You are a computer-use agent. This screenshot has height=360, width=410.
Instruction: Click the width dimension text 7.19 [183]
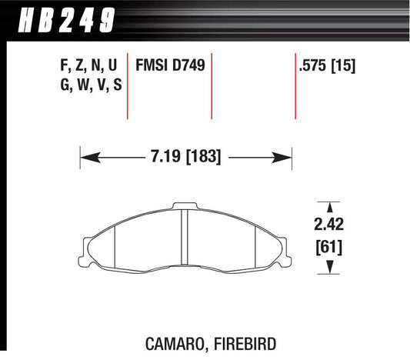click(185, 158)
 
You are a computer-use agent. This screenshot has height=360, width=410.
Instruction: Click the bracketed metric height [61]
click(329, 248)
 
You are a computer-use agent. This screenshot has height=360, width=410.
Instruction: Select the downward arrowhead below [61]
click(329, 268)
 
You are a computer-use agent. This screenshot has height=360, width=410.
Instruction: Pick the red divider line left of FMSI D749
click(128, 85)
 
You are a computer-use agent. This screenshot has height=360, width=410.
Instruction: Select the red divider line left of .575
click(295, 85)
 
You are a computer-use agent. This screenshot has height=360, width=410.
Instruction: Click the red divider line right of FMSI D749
click(211, 85)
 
